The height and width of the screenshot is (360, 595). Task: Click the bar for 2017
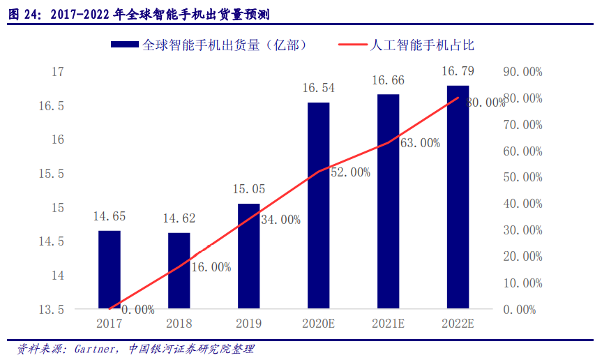(109, 269)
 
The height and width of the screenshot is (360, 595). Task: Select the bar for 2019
(248, 256)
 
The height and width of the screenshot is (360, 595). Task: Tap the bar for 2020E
(318, 205)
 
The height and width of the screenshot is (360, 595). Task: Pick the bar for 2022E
(458, 197)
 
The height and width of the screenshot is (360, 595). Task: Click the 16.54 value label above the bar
(318, 88)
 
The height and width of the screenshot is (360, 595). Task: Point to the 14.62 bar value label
(179, 218)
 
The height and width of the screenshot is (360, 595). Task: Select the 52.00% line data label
(350, 172)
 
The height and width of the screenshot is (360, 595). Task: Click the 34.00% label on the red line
(280, 220)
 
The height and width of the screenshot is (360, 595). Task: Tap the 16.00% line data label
(210, 267)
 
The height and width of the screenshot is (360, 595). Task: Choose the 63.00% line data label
(420, 143)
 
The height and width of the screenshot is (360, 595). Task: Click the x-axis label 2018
(179, 324)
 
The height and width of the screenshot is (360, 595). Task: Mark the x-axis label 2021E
(388, 324)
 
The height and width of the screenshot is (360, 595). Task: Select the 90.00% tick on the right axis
(522, 72)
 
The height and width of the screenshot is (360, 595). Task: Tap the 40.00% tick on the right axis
(522, 204)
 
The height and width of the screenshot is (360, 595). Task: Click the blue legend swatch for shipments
(124, 45)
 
